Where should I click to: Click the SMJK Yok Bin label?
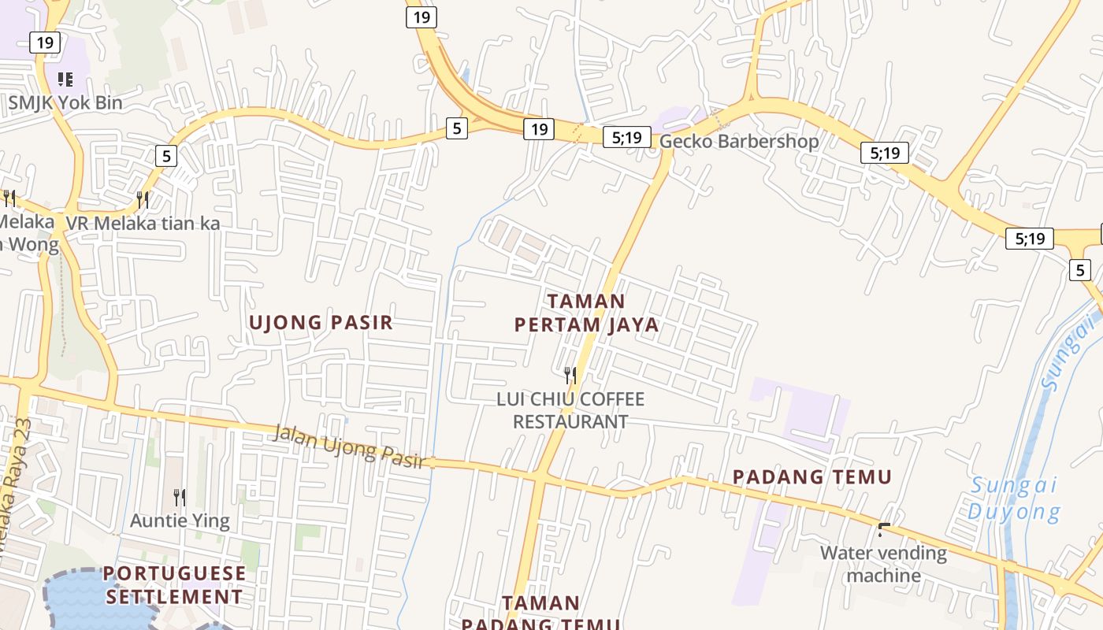65,102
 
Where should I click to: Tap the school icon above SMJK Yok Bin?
65,79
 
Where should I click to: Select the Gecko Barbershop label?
739,142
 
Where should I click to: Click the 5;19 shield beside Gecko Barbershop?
627,138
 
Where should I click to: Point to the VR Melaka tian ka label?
143,224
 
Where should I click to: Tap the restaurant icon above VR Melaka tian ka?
143,199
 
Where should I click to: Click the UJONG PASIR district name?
321,322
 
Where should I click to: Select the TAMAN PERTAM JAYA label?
586,313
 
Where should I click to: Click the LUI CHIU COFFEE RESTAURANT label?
570,410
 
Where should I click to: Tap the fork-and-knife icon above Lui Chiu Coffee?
570,375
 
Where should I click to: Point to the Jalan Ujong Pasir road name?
350,447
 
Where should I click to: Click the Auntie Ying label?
180,521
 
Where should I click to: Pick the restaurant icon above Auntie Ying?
180,497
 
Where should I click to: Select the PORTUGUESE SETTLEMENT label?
174,585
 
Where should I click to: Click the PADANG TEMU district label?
812,477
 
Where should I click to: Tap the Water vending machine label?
883,564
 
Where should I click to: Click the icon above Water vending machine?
884,529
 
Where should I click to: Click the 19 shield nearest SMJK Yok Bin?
45,42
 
